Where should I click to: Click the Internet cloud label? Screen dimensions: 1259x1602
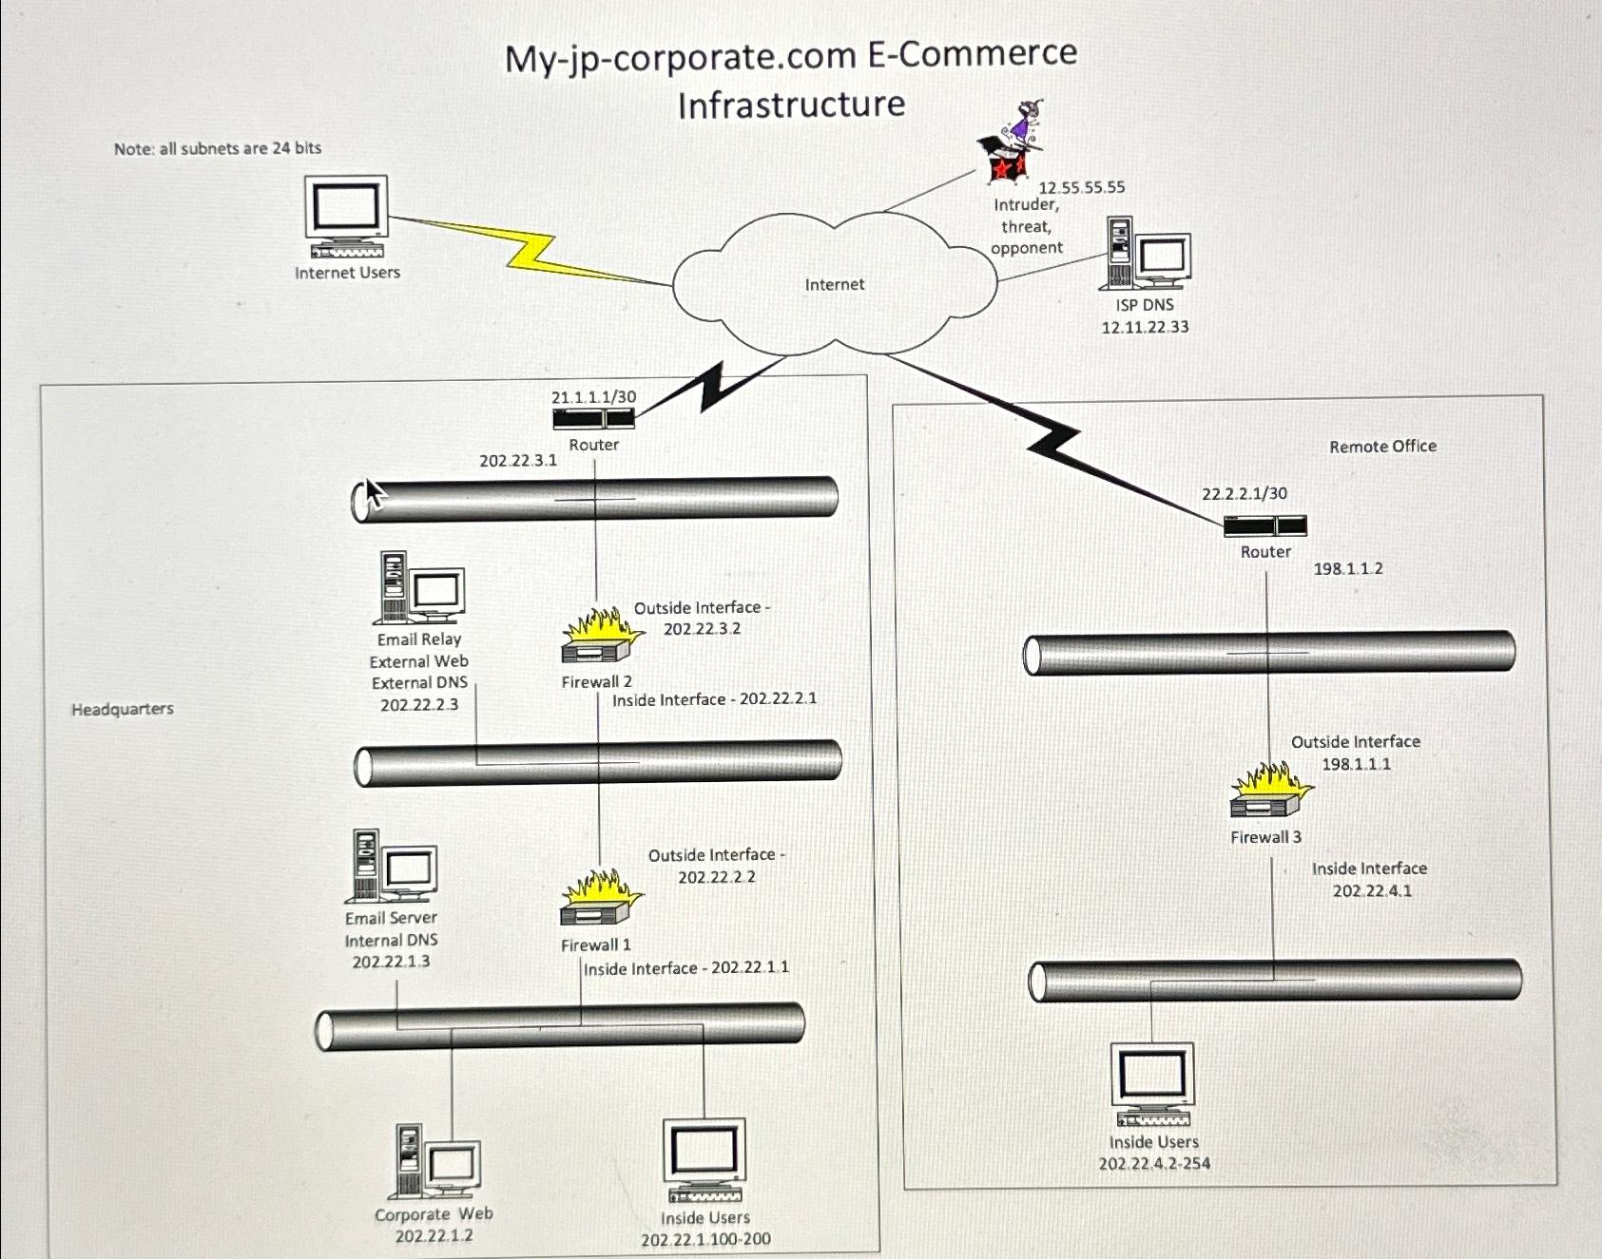point(834,284)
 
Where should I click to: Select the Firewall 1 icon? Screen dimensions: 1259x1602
point(599,900)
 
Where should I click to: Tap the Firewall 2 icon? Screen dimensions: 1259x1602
point(601,638)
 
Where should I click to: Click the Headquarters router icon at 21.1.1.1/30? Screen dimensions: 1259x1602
point(593,419)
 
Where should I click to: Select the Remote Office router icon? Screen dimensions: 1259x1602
point(1264,525)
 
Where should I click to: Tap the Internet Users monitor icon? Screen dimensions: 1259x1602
point(346,217)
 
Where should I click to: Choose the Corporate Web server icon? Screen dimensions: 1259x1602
point(436,1162)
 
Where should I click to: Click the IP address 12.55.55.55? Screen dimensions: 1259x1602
point(1081,187)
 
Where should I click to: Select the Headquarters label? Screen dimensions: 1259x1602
point(123,709)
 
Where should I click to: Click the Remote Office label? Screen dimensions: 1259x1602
point(1382,447)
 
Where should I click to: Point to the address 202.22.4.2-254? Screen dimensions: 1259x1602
point(1154,1164)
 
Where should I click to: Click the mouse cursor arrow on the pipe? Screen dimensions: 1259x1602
point(374,493)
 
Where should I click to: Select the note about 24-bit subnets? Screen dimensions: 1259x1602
point(218,148)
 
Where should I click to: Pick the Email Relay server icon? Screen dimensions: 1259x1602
point(421,588)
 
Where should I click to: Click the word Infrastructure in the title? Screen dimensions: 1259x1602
point(791,104)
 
